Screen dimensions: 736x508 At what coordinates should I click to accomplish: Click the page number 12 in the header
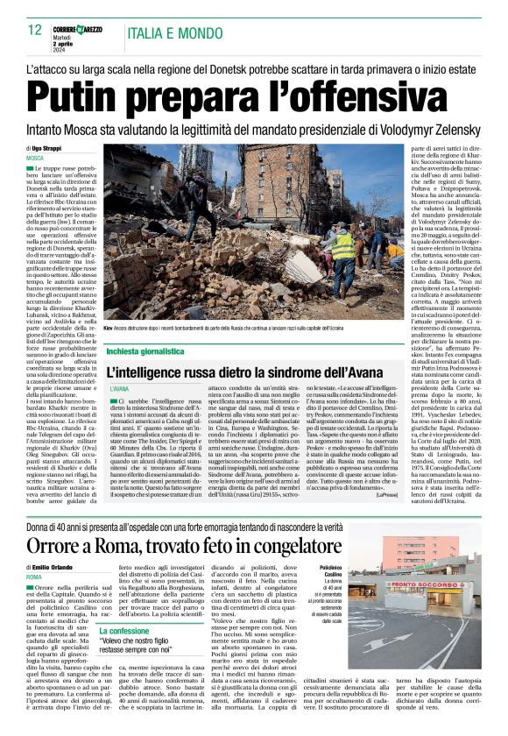(x=34, y=30)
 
